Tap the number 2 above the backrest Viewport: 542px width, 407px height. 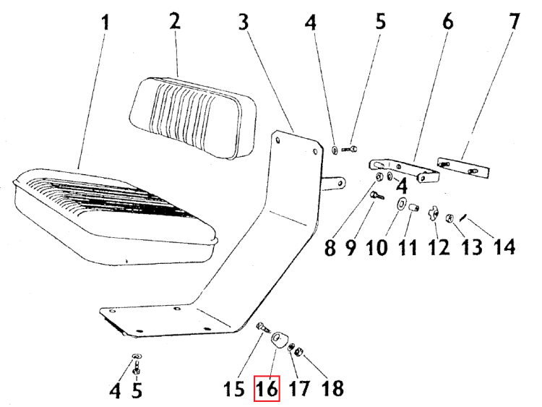[x=174, y=21]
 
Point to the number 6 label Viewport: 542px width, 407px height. [x=447, y=22]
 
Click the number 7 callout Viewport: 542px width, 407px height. [x=513, y=22]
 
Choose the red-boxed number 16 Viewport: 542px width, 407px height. [x=267, y=390]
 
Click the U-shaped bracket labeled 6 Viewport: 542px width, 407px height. [x=405, y=168]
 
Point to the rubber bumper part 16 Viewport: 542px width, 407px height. [x=278, y=340]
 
